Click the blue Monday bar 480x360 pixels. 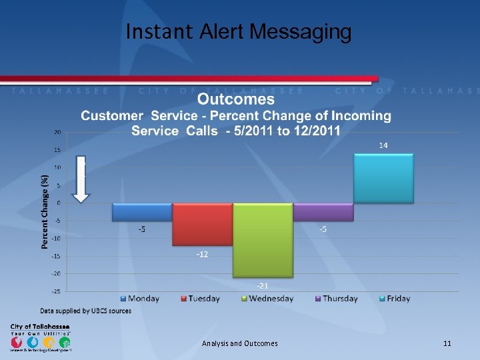(x=142, y=212)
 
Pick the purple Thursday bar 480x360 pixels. (x=323, y=212)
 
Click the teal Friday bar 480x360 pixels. (x=383, y=179)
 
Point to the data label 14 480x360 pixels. (x=383, y=145)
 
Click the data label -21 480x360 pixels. (x=263, y=285)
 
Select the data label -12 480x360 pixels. (x=202, y=255)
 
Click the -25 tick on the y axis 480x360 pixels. (x=57, y=291)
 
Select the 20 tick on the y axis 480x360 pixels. (x=58, y=132)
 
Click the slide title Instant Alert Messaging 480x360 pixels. (x=239, y=31)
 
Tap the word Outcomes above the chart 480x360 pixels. (x=236, y=99)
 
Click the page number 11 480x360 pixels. (x=447, y=343)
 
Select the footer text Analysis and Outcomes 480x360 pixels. (x=239, y=343)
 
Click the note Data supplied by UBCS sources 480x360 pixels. (x=84, y=311)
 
